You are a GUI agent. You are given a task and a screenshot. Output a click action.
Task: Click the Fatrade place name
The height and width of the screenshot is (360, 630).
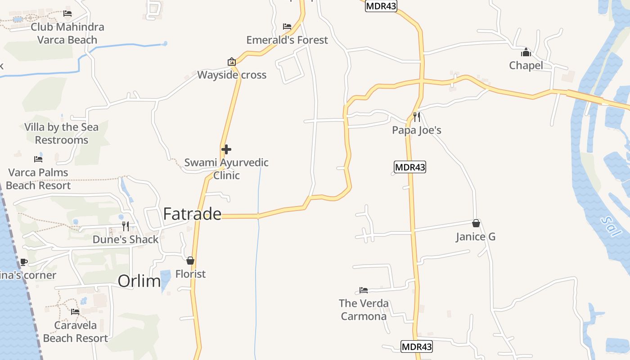pos(192,214)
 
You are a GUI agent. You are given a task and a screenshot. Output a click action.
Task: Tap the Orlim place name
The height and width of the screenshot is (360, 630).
pos(139,281)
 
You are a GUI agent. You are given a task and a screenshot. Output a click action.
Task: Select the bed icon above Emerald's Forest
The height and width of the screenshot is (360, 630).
pos(287,27)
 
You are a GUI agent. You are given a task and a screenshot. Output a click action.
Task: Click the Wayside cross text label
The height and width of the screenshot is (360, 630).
pos(232,75)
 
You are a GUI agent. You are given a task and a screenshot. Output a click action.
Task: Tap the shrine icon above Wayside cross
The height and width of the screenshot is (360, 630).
pos(231,62)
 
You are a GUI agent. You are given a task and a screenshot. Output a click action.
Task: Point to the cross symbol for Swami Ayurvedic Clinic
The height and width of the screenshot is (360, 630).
pos(226,149)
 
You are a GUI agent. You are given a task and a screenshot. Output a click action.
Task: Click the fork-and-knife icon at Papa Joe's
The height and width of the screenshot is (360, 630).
pos(417,117)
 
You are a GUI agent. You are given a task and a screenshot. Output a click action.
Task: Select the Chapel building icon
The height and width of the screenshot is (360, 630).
pos(526,52)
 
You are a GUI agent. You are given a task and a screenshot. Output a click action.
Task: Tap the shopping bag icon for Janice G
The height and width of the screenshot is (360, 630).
pos(476,223)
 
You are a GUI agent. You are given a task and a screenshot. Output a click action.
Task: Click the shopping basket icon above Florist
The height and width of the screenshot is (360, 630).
pos(190,261)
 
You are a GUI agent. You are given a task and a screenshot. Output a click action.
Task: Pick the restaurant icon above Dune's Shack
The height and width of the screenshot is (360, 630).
pos(126,226)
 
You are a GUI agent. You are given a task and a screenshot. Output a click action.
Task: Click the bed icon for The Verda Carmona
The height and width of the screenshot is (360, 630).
pos(364,290)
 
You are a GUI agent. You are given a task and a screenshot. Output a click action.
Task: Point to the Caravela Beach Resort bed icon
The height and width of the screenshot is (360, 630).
pos(75,311)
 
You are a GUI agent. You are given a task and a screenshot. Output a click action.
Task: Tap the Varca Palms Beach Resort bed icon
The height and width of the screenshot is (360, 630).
pos(38,159)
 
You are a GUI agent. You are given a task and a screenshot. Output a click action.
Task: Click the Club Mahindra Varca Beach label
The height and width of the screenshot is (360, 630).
pos(67,33)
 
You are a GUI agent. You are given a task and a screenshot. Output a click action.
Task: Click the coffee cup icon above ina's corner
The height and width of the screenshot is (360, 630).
pos(23,262)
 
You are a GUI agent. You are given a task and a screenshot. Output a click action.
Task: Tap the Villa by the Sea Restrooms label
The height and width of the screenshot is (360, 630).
pos(62,134)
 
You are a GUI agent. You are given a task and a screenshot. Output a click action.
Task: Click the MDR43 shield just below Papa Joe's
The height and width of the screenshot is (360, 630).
pos(409,167)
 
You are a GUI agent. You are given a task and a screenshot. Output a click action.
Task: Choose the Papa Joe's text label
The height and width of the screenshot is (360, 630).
pos(417,130)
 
